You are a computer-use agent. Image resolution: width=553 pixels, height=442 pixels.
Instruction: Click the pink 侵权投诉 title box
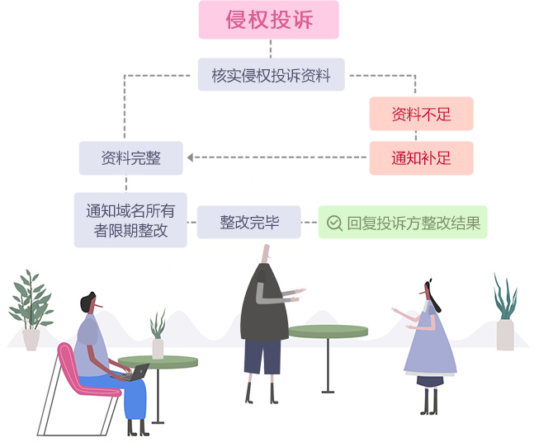[x=269, y=20]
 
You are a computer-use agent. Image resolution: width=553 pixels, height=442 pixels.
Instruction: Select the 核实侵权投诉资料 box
[x=272, y=75]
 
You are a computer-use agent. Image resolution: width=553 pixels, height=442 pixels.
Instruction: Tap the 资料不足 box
[x=421, y=114]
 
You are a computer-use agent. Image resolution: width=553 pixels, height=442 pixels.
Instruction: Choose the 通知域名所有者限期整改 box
[x=130, y=220]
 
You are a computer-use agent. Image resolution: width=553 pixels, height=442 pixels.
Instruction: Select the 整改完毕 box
[x=249, y=223]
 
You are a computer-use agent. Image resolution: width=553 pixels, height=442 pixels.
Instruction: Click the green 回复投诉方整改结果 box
[x=403, y=223]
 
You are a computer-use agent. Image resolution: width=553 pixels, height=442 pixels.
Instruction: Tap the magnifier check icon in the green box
[x=334, y=223]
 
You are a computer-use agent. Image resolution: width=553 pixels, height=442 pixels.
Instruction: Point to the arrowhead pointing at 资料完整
[x=190, y=158]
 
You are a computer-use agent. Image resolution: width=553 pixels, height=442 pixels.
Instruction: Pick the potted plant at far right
[x=505, y=314]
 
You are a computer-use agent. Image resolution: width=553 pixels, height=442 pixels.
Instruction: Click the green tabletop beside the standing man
[x=328, y=331]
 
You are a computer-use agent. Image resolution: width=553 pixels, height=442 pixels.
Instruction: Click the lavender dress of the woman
[x=429, y=346]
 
